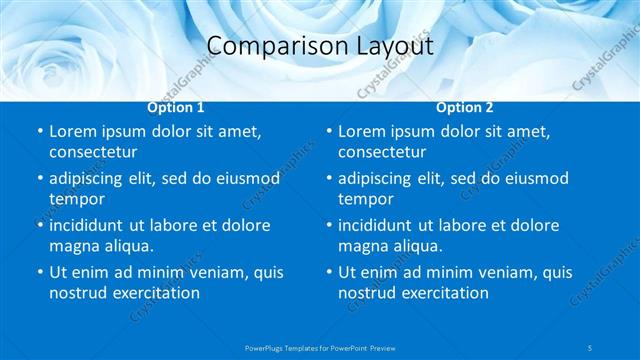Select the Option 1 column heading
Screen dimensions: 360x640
pos(176,107)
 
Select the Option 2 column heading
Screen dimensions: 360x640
pos(465,107)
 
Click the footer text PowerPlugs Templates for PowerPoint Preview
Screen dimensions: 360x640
pos(320,347)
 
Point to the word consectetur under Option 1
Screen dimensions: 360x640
pos(93,152)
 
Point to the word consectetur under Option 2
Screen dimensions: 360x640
pos(382,152)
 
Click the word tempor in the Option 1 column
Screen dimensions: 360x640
pos(76,199)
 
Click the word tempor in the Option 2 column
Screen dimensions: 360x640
pos(365,199)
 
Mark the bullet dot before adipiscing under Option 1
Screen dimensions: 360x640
pos(39,179)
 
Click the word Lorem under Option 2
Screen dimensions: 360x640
pos(362,131)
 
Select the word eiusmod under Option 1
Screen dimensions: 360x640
pos(243,178)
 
